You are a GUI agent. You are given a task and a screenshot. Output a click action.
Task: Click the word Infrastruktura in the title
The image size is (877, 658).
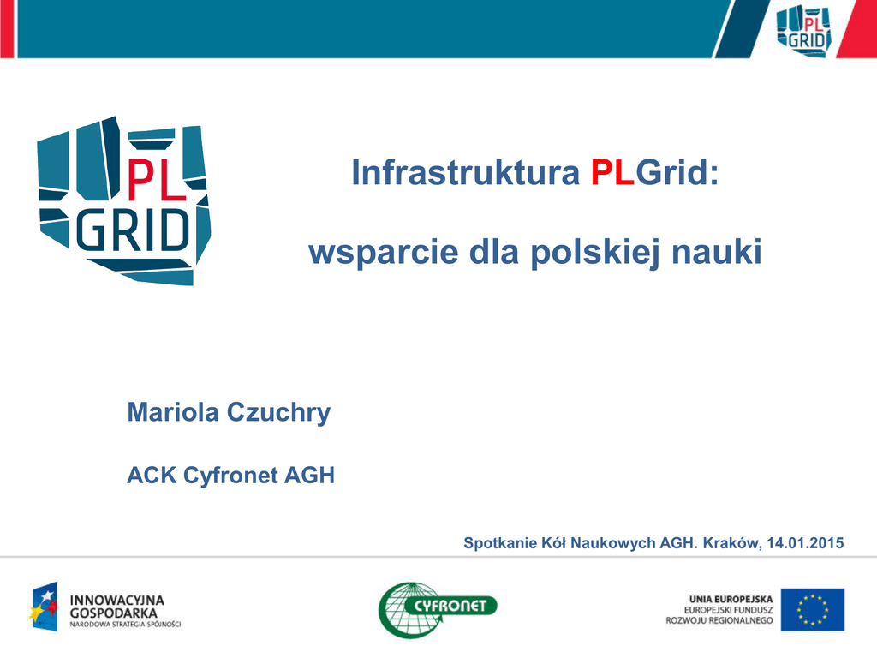(x=465, y=172)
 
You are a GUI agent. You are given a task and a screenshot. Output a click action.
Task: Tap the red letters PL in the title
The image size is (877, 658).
(x=612, y=172)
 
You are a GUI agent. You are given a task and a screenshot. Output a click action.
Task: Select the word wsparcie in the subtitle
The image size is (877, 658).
(x=384, y=253)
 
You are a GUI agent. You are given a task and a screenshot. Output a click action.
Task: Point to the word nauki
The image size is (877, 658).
(x=717, y=252)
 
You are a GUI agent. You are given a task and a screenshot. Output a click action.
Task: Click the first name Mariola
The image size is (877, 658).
(x=173, y=412)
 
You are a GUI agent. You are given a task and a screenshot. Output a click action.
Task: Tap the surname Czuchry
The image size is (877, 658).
(x=278, y=413)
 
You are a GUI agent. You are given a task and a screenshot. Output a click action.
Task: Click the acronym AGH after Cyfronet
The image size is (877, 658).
(x=309, y=475)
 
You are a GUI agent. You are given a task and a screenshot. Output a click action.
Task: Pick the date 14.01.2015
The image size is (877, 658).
(x=805, y=542)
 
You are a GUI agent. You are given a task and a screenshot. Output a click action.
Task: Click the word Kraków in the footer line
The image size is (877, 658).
(x=732, y=543)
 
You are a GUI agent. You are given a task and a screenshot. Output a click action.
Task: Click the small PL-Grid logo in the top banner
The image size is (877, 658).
(x=803, y=30)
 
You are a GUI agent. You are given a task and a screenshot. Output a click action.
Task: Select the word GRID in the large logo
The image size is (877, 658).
(x=133, y=230)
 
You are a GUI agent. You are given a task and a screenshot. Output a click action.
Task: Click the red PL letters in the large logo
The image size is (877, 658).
(x=156, y=179)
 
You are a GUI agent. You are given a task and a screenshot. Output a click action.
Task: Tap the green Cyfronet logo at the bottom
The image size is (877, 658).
(x=438, y=609)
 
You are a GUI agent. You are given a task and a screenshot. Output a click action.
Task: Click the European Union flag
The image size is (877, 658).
(x=813, y=609)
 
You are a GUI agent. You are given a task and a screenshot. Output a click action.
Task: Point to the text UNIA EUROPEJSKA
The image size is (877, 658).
(x=731, y=599)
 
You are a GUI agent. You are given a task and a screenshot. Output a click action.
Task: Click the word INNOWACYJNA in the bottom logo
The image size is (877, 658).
(x=116, y=600)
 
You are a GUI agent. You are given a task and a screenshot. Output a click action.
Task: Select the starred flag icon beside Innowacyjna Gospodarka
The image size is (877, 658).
(x=44, y=607)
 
